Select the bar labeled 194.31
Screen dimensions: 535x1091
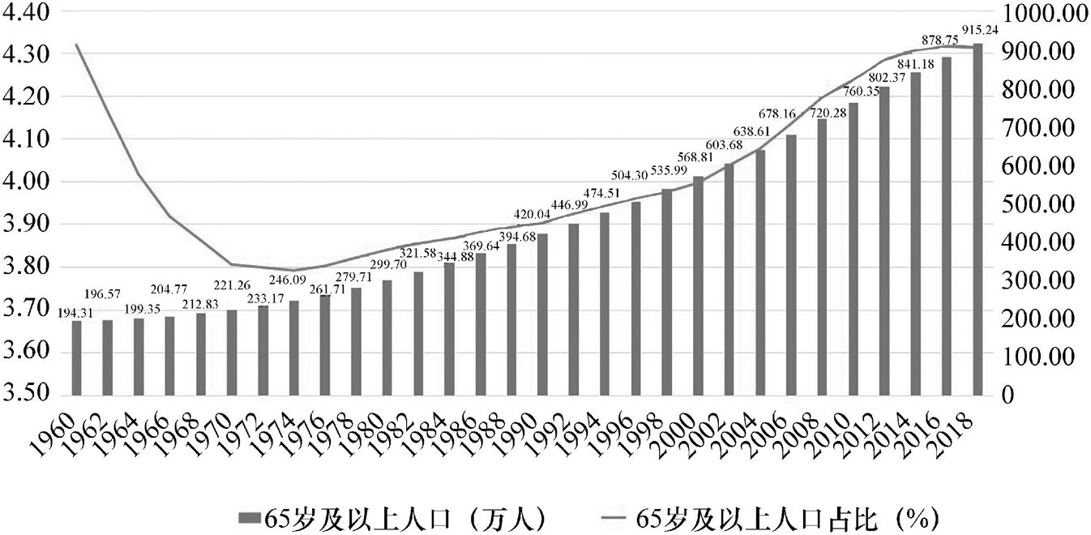click(76, 357)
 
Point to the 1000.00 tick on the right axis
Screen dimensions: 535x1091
click(1043, 12)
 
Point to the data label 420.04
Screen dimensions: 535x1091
click(532, 215)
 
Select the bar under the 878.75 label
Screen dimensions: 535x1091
click(947, 226)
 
